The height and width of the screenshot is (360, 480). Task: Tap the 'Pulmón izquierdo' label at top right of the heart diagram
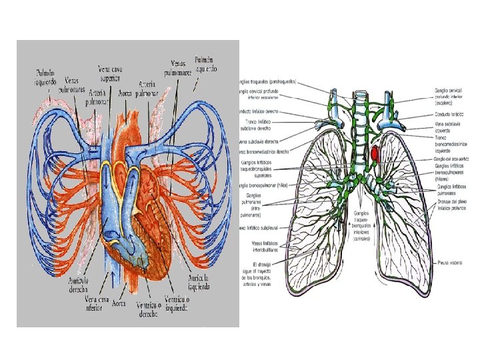[205, 64]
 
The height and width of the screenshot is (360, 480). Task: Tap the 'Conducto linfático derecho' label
[263, 111]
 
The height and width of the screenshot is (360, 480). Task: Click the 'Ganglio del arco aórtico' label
[453, 159]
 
